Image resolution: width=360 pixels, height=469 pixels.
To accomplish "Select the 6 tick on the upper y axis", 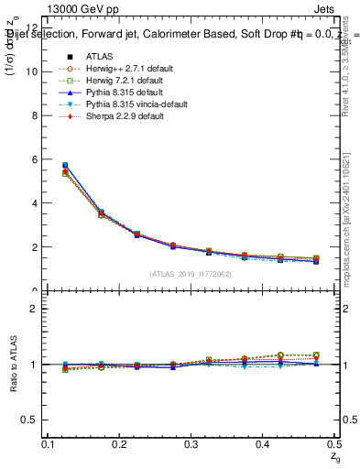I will [34, 159].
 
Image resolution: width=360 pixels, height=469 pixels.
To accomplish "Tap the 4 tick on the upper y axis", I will [34, 203].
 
